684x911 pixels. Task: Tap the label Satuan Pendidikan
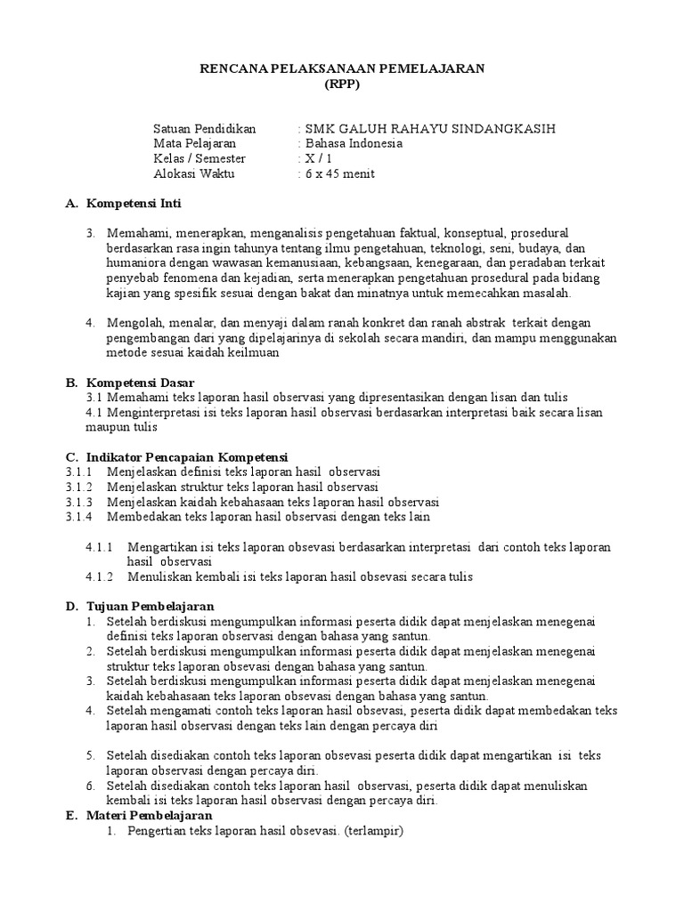[x=205, y=127]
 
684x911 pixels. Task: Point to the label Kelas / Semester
[x=199, y=158]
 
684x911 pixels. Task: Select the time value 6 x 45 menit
[x=339, y=173]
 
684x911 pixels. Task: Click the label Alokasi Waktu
[x=194, y=173]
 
